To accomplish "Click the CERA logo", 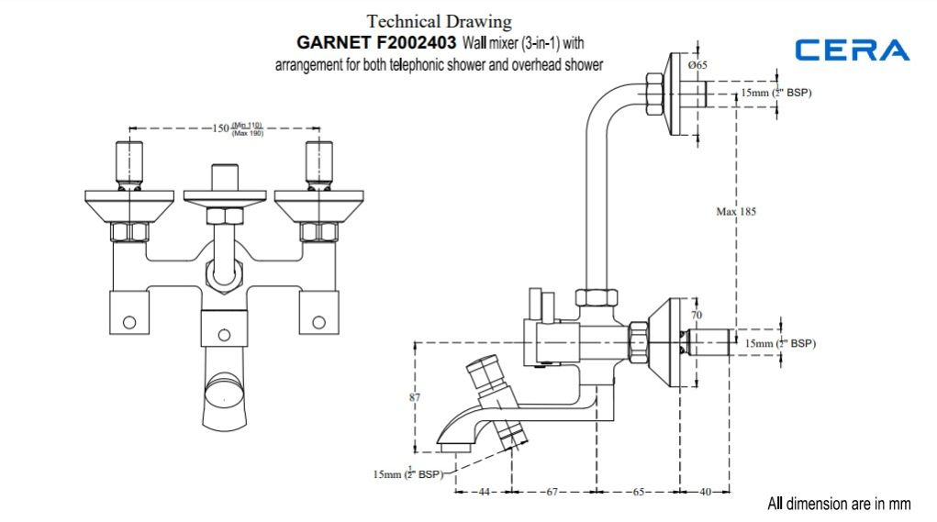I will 853,50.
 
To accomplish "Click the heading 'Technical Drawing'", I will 439,21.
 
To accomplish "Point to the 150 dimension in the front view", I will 220,128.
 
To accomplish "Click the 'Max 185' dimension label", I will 736,212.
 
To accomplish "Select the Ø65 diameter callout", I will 698,65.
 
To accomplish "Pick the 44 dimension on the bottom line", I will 485,493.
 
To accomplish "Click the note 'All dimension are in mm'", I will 839,504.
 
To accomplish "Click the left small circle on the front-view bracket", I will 129,321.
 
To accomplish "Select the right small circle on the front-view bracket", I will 318,321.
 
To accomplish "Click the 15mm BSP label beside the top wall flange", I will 776,94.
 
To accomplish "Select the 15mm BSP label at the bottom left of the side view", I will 407,473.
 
